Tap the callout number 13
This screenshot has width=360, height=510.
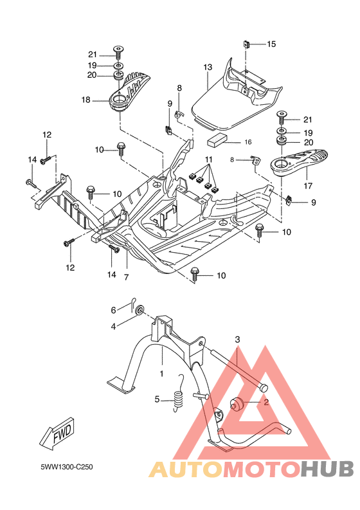tap(208, 68)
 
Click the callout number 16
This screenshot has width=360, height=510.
tap(248, 141)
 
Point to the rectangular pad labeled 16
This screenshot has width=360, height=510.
tap(217, 140)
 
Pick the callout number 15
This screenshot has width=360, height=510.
tap(271, 44)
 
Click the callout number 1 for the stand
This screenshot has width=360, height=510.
tap(161, 372)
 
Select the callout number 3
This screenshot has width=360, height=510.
tap(237, 339)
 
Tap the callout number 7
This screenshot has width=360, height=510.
tap(126, 277)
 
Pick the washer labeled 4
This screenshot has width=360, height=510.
tap(139, 312)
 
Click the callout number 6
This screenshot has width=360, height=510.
tap(113, 310)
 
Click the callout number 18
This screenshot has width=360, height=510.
tap(86, 100)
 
